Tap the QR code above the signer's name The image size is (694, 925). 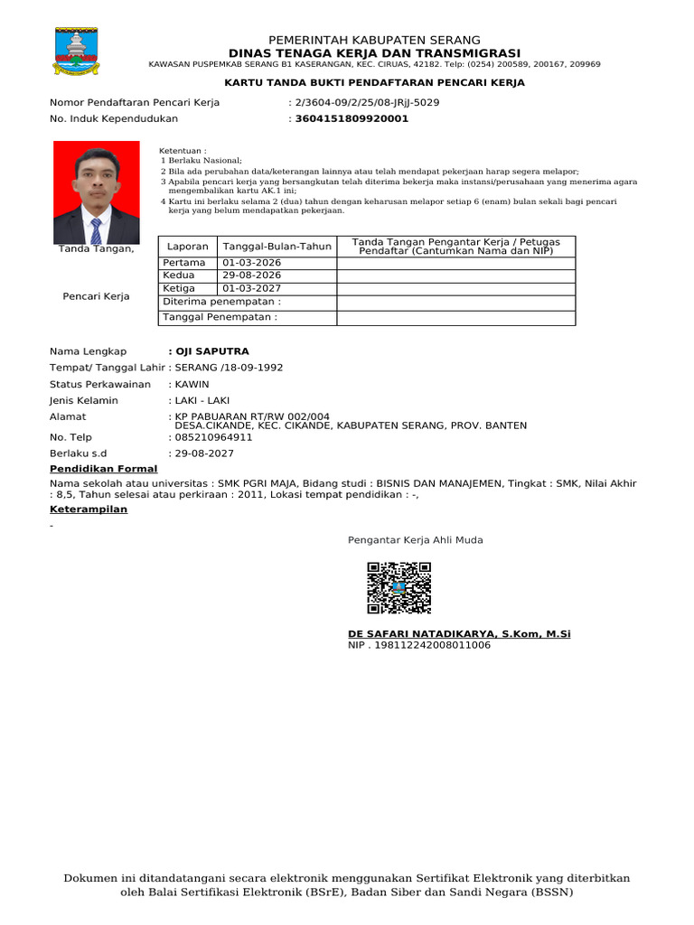pyautogui.click(x=399, y=587)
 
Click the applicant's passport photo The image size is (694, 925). pyautogui.click(x=97, y=192)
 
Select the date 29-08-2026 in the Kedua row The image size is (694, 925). pyautogui.click(x=251, y=276)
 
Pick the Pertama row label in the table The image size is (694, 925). pyautogui.click(x=184, y=263)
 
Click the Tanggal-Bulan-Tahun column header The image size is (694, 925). pyautogui.click(x=277, y=247)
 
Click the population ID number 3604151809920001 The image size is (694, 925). pyautogui.click(x=352, y=118)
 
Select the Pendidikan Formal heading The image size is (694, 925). pyautogui.click(x=103, y=469)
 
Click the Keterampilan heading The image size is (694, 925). pyautogui.click(x=89, y=509)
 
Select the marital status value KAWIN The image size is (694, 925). pyautogui.click(x=192, y=384)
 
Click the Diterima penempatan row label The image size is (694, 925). pyautogui.click(x=221, y=302)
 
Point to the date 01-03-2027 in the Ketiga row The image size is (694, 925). pyautogui.click(x=251, y=289)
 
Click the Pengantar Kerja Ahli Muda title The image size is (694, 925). pyautogui.click(x=416, y=540)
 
